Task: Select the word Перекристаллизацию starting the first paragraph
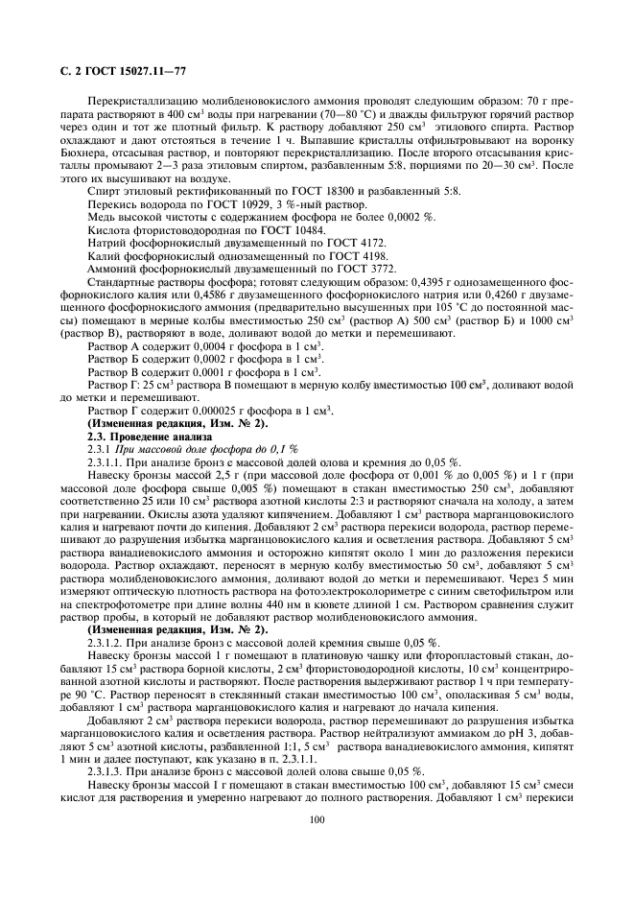[x=137, y=101]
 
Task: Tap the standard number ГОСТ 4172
[x=356, y=244]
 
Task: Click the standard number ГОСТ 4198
[x=357, y=257]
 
